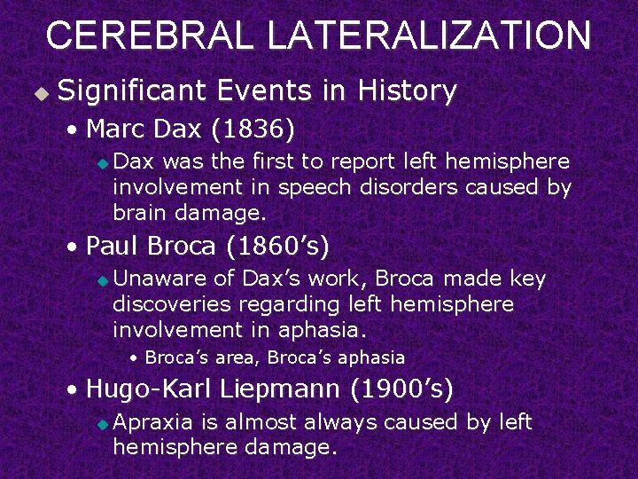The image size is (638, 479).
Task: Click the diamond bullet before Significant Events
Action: coord(38,92)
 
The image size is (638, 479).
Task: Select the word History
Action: coord(406,90)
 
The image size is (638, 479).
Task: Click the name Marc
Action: coord(116,130)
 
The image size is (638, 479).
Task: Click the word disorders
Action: coord(412,187)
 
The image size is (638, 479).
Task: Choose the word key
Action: coord(528,279)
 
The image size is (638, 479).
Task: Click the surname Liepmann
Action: coord(280,389)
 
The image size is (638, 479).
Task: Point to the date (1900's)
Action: coord(402,389)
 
